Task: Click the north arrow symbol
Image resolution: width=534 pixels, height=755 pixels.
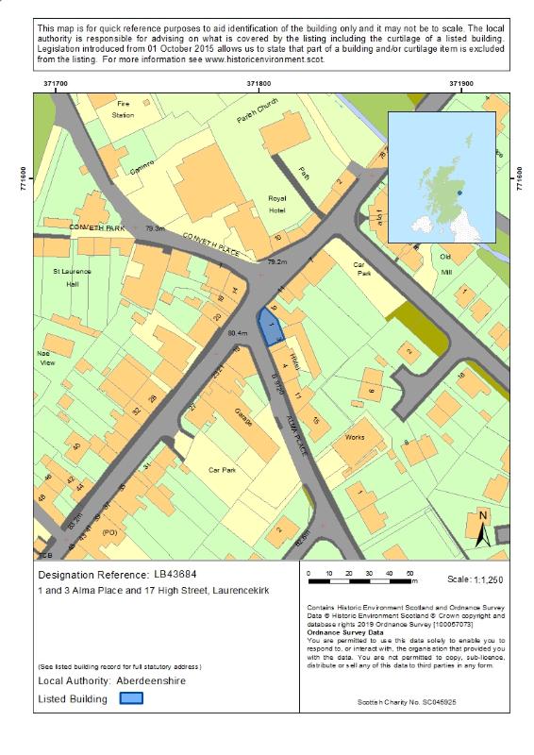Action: pos(482,528)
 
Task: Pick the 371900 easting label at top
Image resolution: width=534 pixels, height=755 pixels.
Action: pos(460,84)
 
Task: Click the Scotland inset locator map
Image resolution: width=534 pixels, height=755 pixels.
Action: pos(442,176)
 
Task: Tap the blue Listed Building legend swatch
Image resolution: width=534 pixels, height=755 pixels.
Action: pos(131,699)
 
